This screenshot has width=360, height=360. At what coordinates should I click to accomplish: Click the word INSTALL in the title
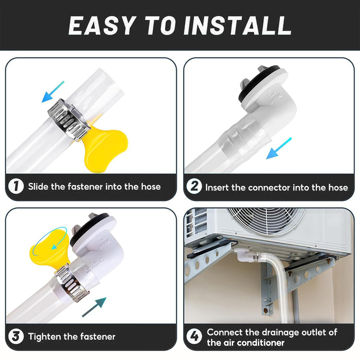click(237, 26)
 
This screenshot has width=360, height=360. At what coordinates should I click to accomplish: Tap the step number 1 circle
click(16, 186)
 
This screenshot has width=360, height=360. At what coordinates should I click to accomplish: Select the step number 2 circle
click(194, 186)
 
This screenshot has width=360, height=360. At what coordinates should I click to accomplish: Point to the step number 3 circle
click(16, 336)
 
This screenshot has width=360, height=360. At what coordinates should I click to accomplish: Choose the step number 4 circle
click(194, 336)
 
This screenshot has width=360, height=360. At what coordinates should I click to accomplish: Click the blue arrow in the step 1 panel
click(53, 92)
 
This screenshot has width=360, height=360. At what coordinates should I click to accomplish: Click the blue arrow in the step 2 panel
click(279, 148)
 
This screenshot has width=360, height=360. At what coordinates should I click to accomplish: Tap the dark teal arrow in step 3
click(94, 307)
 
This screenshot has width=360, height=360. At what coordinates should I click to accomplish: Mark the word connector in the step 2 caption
click(269, 188)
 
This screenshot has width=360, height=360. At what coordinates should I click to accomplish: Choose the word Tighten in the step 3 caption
click(45, 337)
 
